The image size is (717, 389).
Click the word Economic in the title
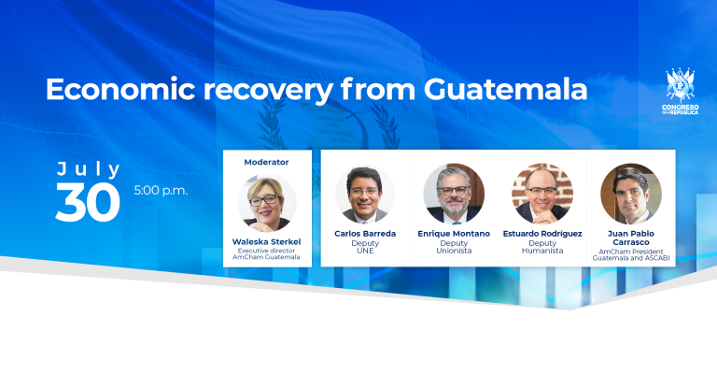point(120,89)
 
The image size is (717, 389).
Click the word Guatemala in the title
point(505,89)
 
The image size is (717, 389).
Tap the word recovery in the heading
point(269,91)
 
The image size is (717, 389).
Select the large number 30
point(88,202)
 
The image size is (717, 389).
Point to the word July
point(89,169)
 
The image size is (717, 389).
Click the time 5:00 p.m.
point(161,190)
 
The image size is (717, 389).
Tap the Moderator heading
point(266,162)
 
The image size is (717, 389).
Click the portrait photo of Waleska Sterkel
point(267,203)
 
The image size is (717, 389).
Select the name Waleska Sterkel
point(267,241)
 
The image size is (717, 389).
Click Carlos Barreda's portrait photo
point(365,194)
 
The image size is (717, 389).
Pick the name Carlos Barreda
point(365,234)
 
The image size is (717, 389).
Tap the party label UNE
point(365,252)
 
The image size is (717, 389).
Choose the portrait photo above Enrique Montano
point(454,194)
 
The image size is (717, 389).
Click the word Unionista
point(454,252)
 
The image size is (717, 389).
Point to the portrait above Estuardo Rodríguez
point(542,194)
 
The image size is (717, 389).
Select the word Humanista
point(542,252)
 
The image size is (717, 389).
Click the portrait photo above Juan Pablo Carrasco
point(631,194)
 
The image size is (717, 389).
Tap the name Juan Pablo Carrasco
point(631,238)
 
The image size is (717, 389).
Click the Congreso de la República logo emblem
point(681,85)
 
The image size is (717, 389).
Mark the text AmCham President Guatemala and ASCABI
point(631,254)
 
